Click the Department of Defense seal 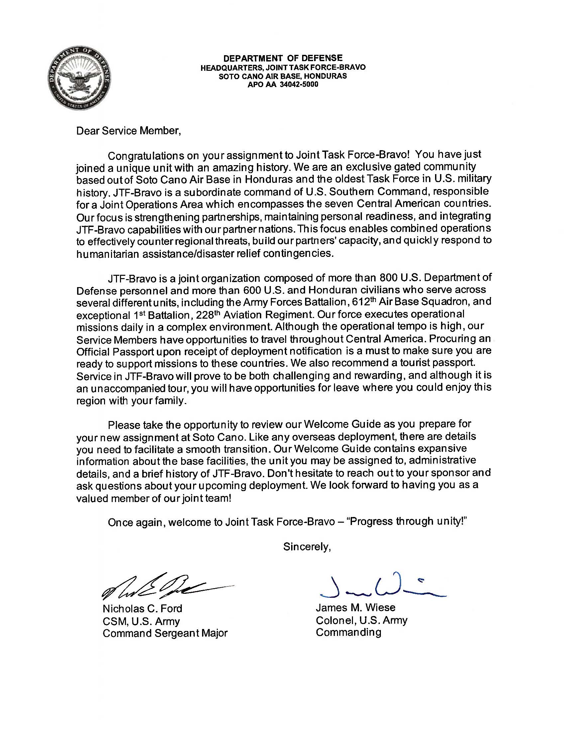pyautogui.click(x=79, y=79)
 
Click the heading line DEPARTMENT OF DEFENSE pyautogui.click(x=283, y=58)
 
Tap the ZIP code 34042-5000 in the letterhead pyautogui.click(x=298, y=85)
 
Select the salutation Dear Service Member pyautogui.click(x=129, y=131)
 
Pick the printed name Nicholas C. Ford pyautogui.click(x=142, y=608)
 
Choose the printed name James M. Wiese pyautogui.click(x=356, y=607)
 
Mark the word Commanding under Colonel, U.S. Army pyautogui.click(x=348, y=632)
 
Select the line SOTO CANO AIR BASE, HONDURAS pyautogui.click(x=283, y=76)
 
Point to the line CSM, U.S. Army pyautogui.click(x=141, y=621)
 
